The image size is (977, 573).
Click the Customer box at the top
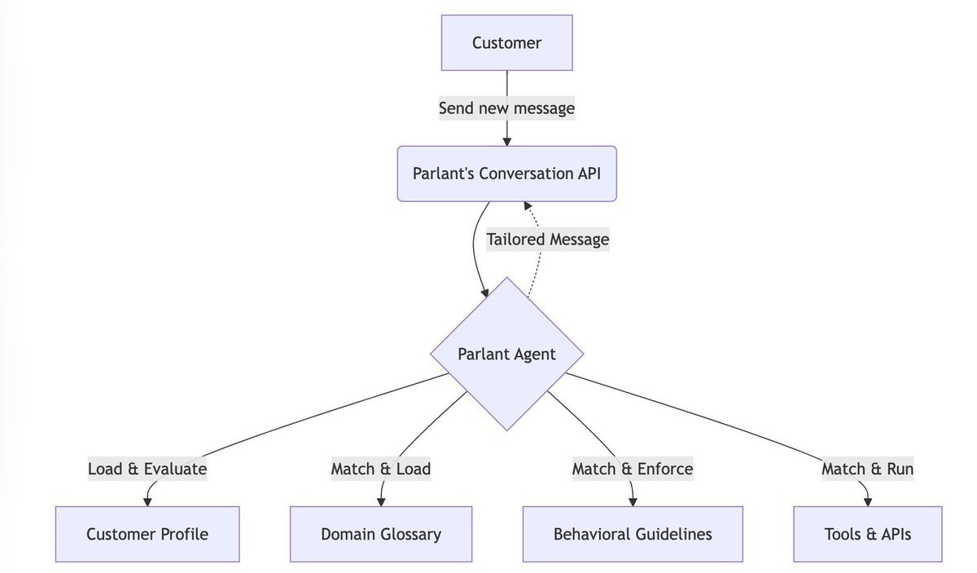tap(506, 43)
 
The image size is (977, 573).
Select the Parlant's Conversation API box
tap(506, 174)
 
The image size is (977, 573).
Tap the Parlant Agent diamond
tap(506, 354)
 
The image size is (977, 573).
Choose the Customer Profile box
tap(147, 534)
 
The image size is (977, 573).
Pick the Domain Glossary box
tap(381, 534)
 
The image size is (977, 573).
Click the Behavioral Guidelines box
tap(633, 534)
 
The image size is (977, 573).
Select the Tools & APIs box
tap(868, 534)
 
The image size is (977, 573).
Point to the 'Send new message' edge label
tap(506, 108)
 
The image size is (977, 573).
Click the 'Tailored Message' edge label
tap(548, 240)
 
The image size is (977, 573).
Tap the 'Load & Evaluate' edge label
tap(147, 469)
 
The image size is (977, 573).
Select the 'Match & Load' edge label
tap(381, 469)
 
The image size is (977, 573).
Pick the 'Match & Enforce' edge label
tap(633, 469)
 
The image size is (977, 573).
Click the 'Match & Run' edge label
tap(868, 469)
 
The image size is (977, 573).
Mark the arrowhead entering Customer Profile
tap(147, 502)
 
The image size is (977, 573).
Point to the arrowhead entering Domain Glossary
tap(381, 502)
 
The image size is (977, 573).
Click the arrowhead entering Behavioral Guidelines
tap(633, 502)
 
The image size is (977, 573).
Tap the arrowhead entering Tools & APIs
tap(868, 502)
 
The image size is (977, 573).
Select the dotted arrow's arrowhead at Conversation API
tap(528, 205)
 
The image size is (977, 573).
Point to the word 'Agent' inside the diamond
tap(534, 355)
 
